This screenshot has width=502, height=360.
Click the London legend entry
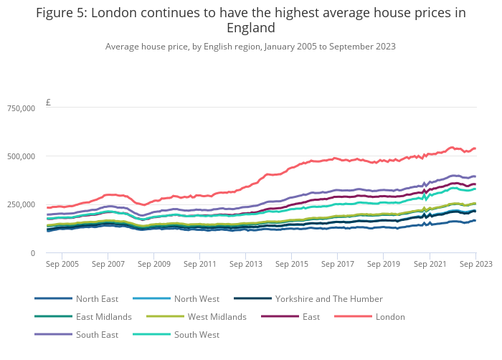(390, 316)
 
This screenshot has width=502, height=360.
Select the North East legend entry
(97, 298)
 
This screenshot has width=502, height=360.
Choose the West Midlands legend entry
(217, 316)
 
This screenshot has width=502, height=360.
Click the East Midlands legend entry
(103, 316)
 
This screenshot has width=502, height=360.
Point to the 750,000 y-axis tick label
(21, 108)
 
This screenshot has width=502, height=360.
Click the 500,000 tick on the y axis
(21, 156)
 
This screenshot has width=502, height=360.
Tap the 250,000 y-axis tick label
(21, 204)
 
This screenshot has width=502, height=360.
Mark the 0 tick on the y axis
(32, 253)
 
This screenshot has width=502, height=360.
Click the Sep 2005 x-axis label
(61, 264)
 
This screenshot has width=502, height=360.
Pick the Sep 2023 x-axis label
(475, 264)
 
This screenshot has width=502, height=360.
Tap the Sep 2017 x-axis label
(338, 264)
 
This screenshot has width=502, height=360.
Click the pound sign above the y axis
(48, 103)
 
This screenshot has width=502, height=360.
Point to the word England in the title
(250, 29)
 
